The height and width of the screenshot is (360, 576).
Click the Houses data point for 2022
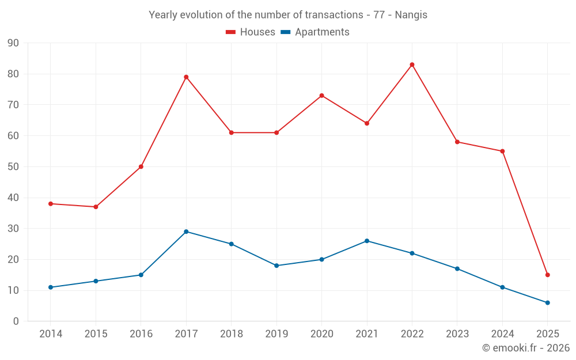tap(412, 65)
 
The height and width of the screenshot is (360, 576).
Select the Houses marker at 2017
tap(186, 77)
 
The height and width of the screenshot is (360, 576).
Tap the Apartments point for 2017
tap(186, 232)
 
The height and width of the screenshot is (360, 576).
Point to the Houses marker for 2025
tap(547, 275)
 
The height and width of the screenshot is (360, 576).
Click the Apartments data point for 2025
tap(547, 302)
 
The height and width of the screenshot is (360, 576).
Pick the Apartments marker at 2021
tap(367, 241)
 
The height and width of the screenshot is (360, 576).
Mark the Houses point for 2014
tap(51, 204)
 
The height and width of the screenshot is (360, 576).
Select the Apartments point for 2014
tap(51, 287)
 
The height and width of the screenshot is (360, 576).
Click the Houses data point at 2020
tap(321, 96)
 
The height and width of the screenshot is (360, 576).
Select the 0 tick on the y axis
tap(16, 321)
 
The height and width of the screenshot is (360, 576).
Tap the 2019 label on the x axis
tap(276, 334)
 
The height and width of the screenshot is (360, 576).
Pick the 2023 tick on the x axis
tap(457, 334)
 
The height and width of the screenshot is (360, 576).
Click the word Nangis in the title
tap(411, 15)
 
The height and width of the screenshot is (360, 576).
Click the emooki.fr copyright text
tap(526, 348)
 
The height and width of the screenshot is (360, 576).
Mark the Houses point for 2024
tap(502, 151)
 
